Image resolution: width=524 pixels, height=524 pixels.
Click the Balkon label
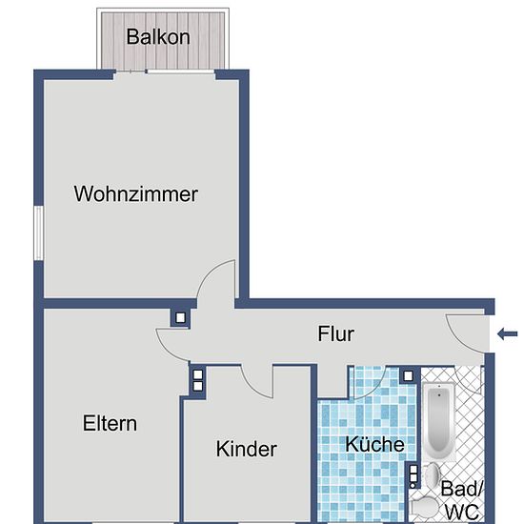[x=158, y=37]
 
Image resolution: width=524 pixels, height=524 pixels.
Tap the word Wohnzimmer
[x=135, y=193]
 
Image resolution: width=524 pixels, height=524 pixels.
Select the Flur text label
[x=335, y=333]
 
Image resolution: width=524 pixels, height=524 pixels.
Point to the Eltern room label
[x=110, y=423]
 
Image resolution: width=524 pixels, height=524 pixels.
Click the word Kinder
[x=247, y=449]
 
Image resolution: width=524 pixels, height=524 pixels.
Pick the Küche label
[x=374, y=444]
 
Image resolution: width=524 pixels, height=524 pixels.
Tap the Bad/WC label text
[x=462, y=500]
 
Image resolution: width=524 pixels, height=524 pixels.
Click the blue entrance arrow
[x=507, y=333]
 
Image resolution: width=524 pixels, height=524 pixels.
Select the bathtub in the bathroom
[x=439, y=421]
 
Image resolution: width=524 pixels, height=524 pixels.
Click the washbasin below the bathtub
[x=433, y=474]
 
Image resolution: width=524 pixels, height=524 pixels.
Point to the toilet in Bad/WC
[x=424, y=508]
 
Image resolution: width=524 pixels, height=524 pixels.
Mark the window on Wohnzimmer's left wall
[x=39, y=232]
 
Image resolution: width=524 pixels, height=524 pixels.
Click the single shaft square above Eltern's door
[x=180, y=317]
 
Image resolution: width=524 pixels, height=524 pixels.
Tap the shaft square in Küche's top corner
[x=408, y=376]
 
